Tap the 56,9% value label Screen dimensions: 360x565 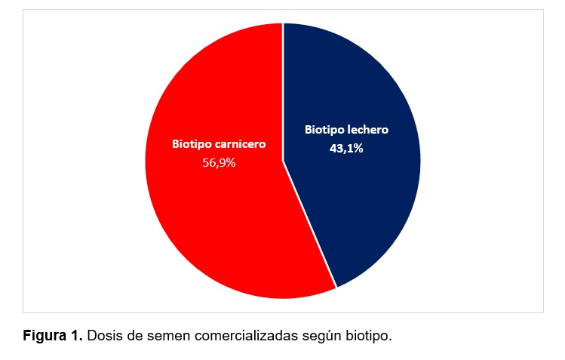219,162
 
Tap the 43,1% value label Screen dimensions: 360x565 346,149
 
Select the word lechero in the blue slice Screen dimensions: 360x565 366,130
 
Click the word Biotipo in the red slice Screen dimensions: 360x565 192,143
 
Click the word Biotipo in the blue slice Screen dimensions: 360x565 323,130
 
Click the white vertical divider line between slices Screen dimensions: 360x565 283,91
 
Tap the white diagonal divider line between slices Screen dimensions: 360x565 309,224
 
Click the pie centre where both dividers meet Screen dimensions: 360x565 283,161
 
